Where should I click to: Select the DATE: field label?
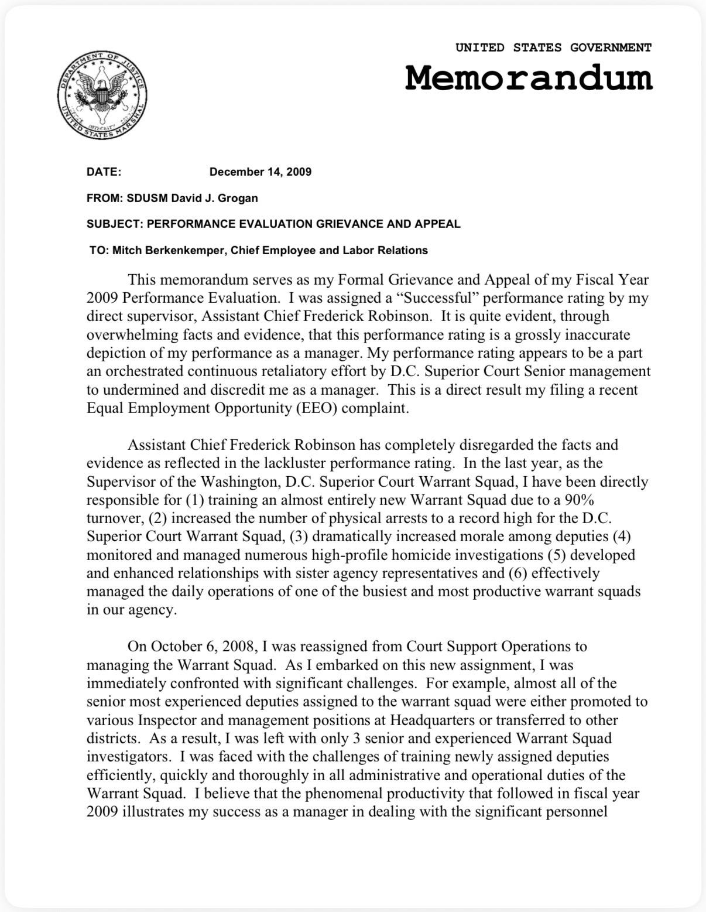tap(104, 172)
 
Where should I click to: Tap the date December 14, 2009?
tap(261, 172)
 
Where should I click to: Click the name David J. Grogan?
tap(214, 198)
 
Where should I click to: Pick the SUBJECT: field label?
tap(115, 224)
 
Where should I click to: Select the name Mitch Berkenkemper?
tap(167, 251)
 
